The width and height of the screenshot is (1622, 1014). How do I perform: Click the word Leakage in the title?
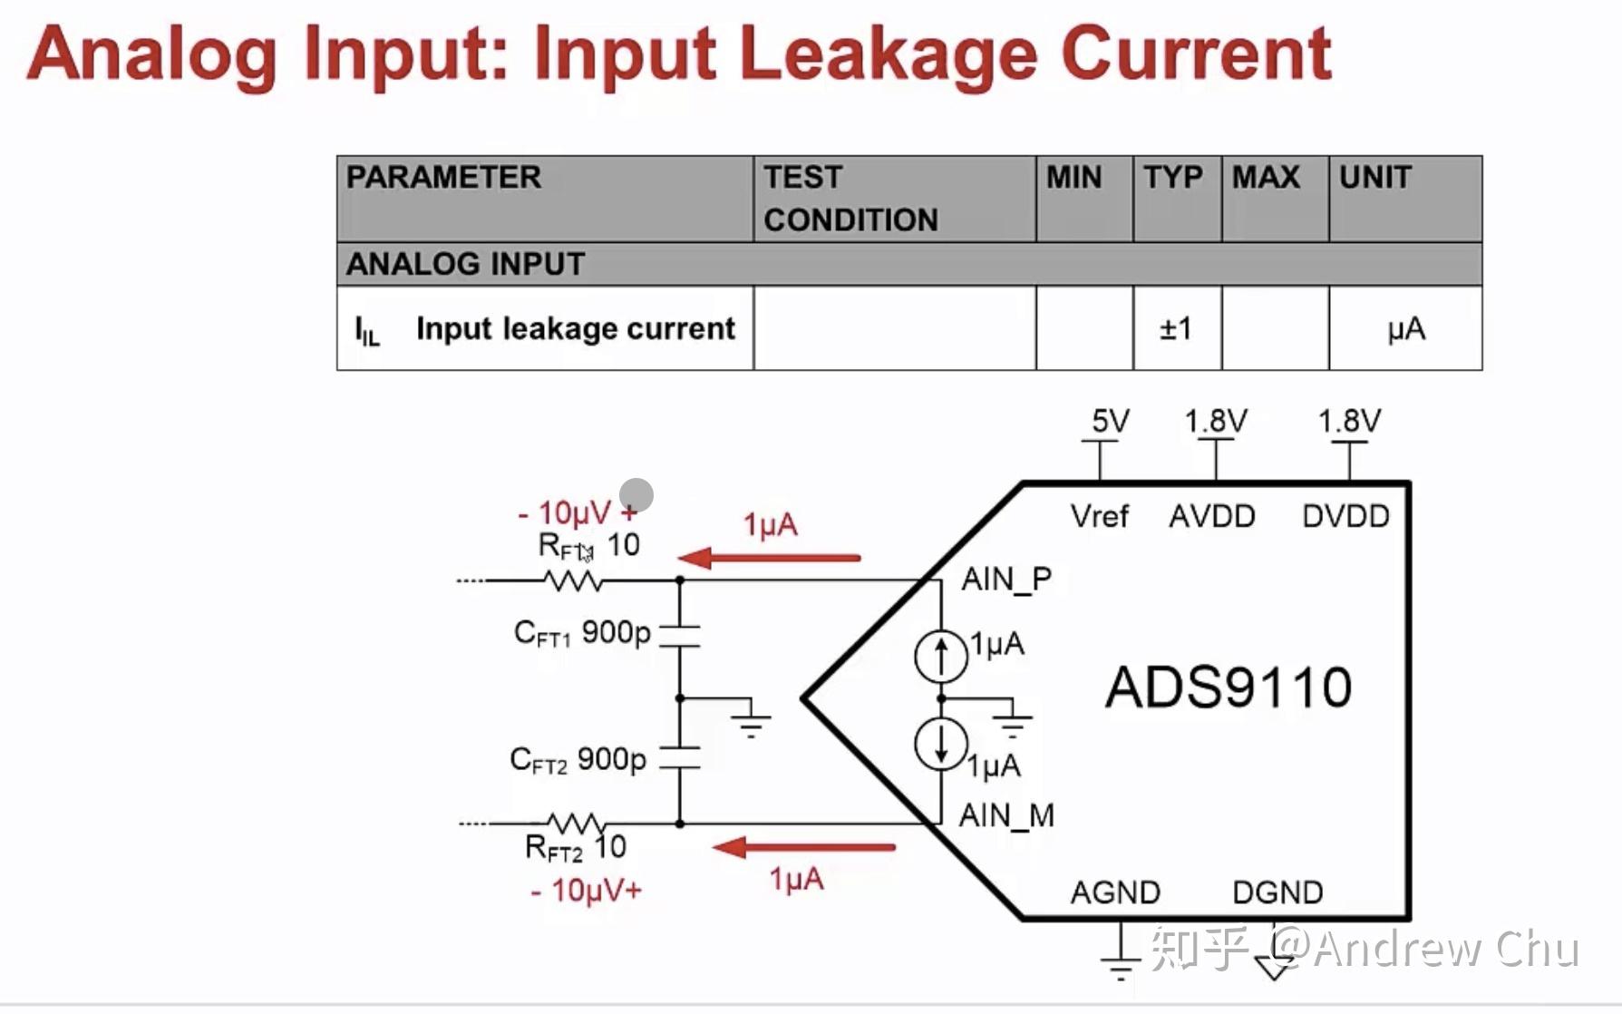point(887,54)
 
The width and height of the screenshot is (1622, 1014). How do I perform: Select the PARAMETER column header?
point(443,177)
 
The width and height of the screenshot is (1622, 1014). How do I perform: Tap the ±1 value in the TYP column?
point(1176,328)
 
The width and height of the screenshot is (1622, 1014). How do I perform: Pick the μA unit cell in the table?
point(1405,328)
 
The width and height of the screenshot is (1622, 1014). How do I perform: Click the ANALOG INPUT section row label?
point(465,264)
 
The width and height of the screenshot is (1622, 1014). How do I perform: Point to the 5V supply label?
point(1110,421)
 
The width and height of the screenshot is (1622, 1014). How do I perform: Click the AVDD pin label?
point(1212,516)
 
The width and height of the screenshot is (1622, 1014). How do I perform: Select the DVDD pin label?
point(1345,516)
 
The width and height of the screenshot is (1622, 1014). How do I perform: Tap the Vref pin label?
point(1099,516)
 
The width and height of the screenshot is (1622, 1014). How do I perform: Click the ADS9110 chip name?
point(1228,687)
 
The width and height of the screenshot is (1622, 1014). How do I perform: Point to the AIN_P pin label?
point(1006,579)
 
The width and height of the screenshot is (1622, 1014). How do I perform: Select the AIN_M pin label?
point(1006,815)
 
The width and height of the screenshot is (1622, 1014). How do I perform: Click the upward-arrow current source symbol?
point(940,656)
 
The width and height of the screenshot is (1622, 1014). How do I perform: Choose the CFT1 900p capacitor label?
point(582,632)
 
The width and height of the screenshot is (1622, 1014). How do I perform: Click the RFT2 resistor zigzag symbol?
point(576,824)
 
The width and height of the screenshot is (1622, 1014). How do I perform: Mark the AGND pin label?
point(1115,892)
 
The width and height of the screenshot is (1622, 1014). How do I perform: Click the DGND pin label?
point(1277,892)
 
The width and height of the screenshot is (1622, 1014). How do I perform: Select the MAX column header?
point(1266,177)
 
